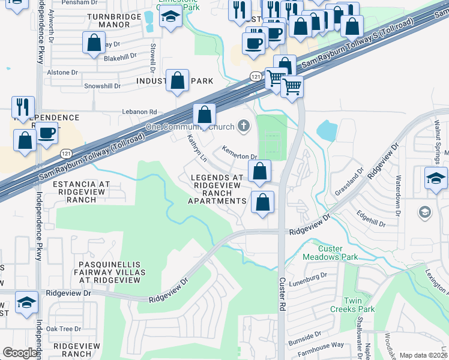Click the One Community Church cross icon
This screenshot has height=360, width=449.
click(x=243, y=125)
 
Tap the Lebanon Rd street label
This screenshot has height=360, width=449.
click(x=139, y=112)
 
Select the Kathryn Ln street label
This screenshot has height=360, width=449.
click(x=196, y=148)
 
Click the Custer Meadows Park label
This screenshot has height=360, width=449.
click(x=337, y=253)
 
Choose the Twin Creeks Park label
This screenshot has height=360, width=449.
click(x=359, y=305)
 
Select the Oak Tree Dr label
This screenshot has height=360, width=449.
click(x=64, y=328)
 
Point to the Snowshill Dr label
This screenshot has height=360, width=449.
click(x=83, y=86)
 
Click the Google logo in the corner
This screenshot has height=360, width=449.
click(x=20, y=353)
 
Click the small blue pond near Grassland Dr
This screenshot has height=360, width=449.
click(x=327, y=130)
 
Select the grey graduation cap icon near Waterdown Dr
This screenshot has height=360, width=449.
click(x=425, y=212)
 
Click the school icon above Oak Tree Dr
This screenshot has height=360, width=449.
click(x=26, y=303)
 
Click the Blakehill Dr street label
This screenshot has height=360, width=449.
click(x=120, y=57)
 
